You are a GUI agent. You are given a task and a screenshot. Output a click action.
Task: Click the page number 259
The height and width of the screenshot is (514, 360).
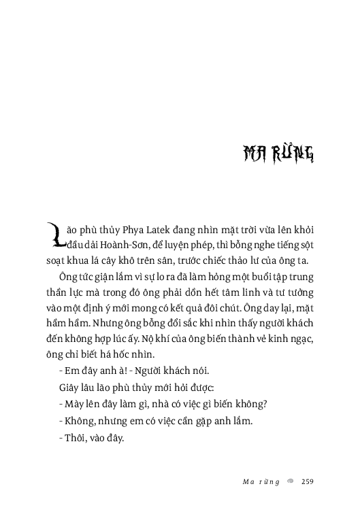tap(306, 482)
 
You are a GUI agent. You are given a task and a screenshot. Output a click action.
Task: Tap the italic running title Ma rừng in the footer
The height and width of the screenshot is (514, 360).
tap(261, 482)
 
